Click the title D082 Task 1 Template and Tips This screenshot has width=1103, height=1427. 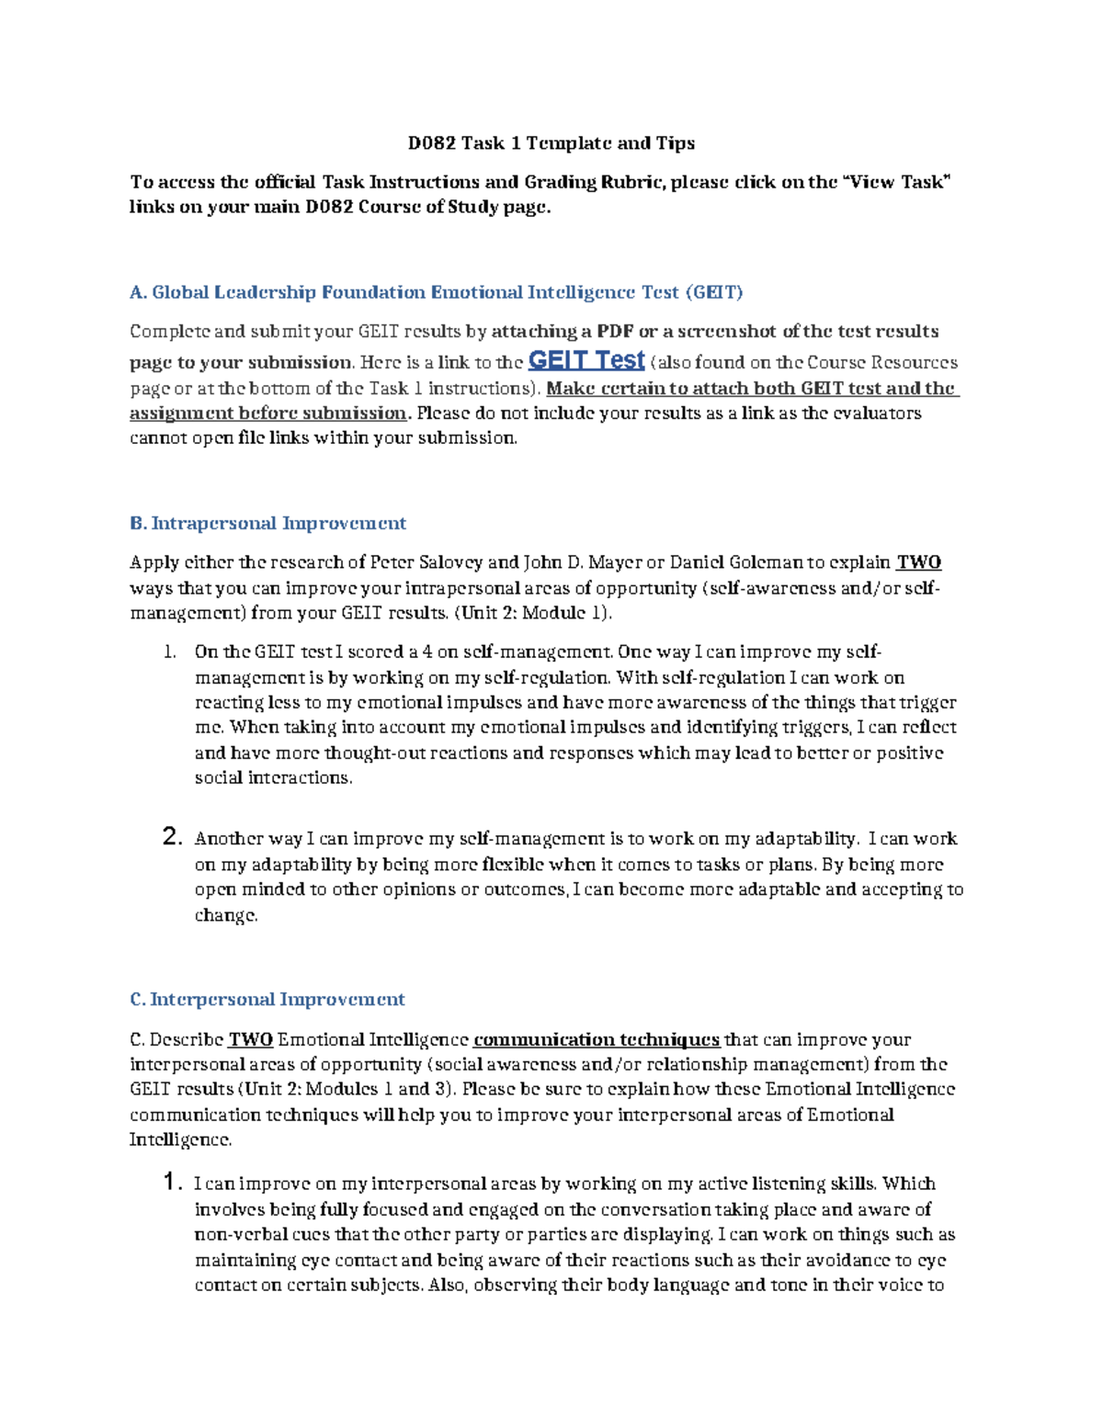pos(551,142)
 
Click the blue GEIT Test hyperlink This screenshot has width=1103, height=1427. pos(586,360)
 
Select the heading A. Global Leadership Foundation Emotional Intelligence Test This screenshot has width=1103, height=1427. pos(436,292)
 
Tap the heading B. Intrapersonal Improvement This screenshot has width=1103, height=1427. pos(267,523)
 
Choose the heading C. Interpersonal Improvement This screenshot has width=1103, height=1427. pos(267,999)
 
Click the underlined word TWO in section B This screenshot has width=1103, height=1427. pos(918,562)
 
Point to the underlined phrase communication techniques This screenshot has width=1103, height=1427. pos(596,1039)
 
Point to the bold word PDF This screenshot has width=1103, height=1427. pos(615,331)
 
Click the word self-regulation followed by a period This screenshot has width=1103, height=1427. pos(555,678)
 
